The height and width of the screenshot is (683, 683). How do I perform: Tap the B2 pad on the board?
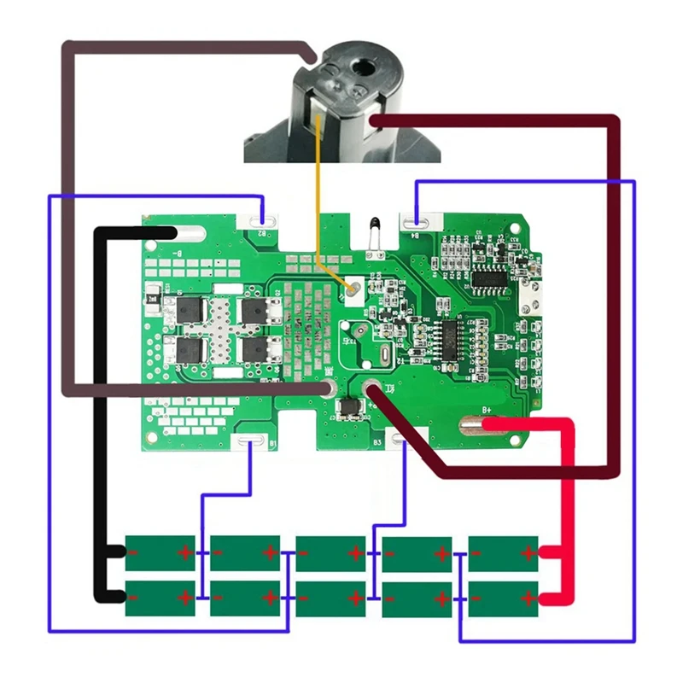263,224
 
